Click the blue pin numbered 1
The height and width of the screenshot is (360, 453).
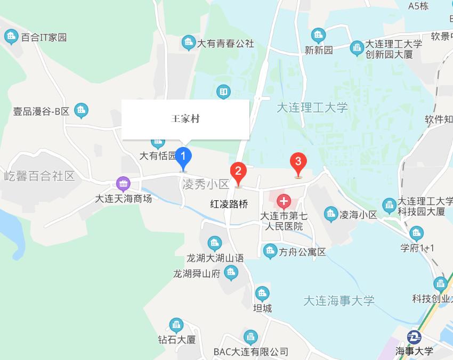(x=184, y=157)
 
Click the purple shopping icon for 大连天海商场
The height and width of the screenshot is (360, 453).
(x=124, y=184)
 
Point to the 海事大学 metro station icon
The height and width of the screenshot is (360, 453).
(x=414, y=337)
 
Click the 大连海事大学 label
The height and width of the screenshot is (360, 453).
(x=339, y=300)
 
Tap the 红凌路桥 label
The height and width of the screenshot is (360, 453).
(x=229, y=204)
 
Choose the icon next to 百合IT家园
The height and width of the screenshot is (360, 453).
(x=11, y=37)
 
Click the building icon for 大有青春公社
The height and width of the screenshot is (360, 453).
(x=188, y=43)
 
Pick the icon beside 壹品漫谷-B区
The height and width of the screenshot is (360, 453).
(x=81, y=111)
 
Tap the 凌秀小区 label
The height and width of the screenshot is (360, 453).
(x=205, y=184)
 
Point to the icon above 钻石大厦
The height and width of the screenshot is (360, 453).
(x=176, y=325)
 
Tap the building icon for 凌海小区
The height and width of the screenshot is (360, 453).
(x=331, y=215)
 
